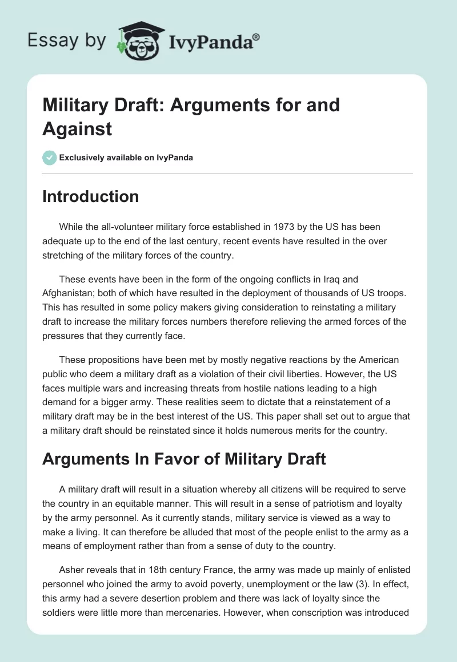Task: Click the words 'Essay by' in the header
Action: (x=67, y=41)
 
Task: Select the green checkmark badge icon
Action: (x=50, y=158)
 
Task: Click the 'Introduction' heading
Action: (x=90, y=197)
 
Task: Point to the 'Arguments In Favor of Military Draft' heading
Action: (x=184, y=459)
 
